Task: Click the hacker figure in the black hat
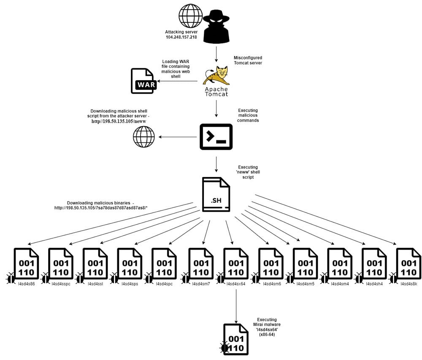[x=216, y=27]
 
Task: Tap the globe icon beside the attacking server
[x=191, y=16]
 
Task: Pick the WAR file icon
[x=143, y=81]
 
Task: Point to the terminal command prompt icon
[x=216, y=137]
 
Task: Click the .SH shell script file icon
[x=216, y=194]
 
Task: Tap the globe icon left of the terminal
[x=144, y=137]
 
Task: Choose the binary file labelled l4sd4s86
[x=27, y=266]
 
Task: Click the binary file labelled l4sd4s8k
[x=408, y=266]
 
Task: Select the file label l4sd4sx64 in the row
[x=235, y=284]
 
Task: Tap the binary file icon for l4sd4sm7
[x=201, y=266]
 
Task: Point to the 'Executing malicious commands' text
[x=248, y=115]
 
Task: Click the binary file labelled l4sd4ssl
[x=95, y=266]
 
